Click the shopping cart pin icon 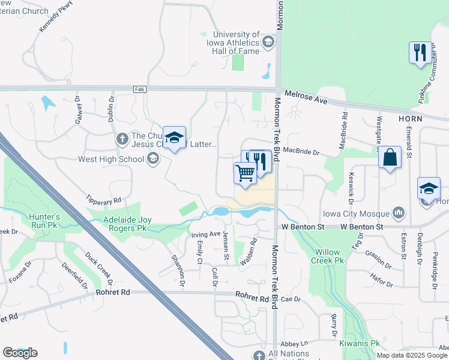(245, 173)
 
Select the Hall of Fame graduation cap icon (268, 42)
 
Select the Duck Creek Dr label (99, 268)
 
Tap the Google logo (20, 353)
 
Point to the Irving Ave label (205, 234)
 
